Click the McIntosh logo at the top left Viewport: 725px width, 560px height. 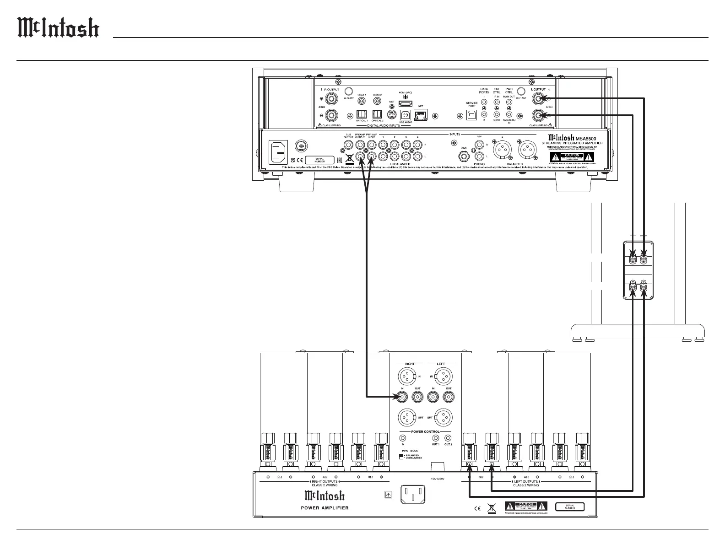pos(58,28)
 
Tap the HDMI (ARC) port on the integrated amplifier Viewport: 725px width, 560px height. pos(406,104)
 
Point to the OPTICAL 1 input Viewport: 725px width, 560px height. pos(362,114)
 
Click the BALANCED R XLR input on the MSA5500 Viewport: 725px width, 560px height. pos(502,149)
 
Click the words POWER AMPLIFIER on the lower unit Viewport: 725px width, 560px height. pos(325,507)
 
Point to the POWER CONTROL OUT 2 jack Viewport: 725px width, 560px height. pos(448,438)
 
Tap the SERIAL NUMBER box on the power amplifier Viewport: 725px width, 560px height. pos(570,507)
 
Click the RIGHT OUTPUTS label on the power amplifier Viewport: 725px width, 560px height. pos(325,481)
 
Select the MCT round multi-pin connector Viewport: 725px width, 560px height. pos(392,114)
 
